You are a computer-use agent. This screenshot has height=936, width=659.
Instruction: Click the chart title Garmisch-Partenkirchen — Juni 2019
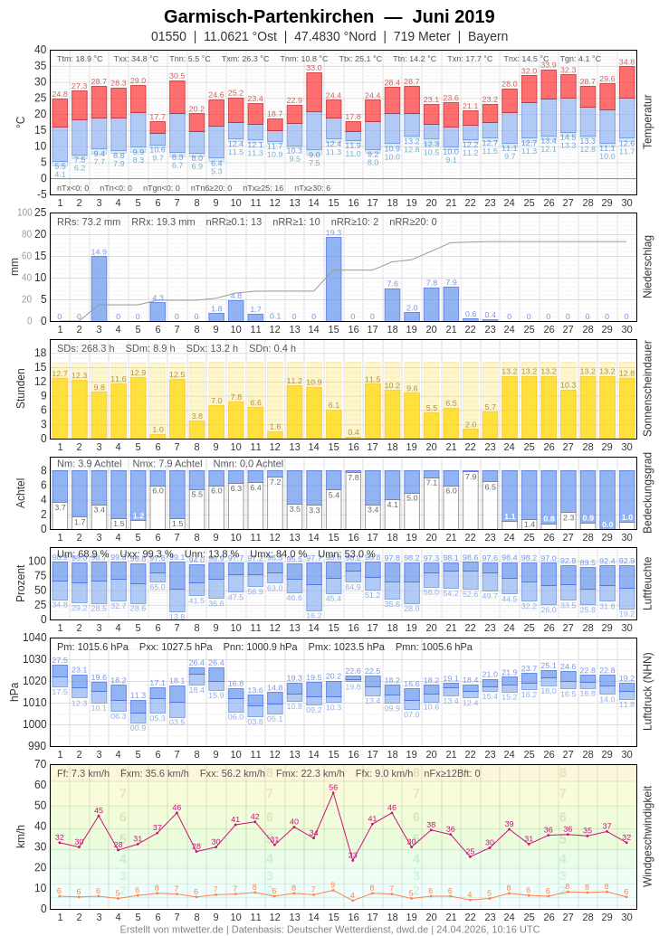pos(329,16)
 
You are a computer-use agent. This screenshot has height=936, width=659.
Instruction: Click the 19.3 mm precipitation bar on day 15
pos(333,279)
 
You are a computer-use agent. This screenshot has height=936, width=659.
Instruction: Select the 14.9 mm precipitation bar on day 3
pos(99,289)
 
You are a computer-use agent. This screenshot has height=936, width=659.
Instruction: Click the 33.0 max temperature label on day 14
pos(313,68)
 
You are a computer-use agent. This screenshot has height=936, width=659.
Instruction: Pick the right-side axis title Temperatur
pos(647,122)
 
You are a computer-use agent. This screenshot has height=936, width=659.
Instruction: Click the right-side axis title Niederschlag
pos(647,267)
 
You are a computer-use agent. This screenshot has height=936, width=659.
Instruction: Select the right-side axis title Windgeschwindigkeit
pos(647,837)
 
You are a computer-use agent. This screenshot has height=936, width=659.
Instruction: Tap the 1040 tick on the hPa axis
pos(34,638)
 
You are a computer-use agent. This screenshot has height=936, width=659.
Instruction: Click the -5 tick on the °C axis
pos(41,194)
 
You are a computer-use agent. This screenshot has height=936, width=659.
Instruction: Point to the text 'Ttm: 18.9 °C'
pos(80,59)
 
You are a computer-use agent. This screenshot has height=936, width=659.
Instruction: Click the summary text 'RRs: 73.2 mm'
pos(89,222)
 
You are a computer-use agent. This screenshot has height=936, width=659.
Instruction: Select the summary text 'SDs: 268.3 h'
pos(86,348)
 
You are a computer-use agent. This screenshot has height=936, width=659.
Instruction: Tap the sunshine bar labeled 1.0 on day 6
pos(158,436)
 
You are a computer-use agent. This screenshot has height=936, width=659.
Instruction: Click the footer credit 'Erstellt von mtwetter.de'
pos(172,929)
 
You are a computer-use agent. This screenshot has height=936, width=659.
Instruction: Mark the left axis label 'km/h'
pos(21,837)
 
